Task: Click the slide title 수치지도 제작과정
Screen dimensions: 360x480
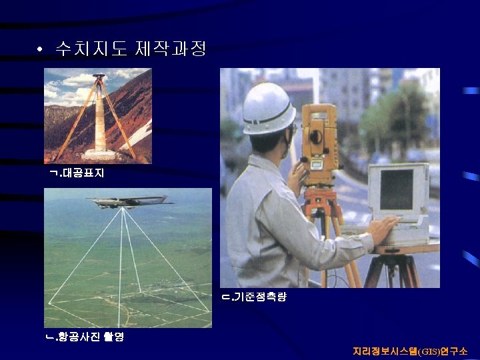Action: pos(131,49)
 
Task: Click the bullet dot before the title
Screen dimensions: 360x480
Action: pos(41,50)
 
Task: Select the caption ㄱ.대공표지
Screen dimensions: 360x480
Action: pos(77,173)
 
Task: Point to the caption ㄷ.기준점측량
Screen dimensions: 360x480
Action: pos(254,297)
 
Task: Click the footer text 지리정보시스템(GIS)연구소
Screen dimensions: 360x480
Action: pos(410,351)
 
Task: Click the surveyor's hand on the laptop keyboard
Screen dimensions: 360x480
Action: pos(383,229)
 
